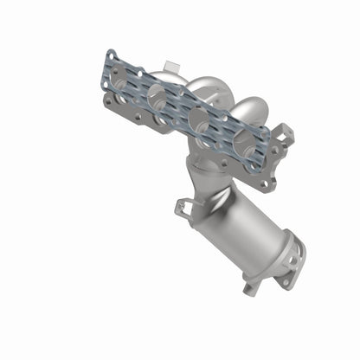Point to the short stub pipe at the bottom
[254, 282]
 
